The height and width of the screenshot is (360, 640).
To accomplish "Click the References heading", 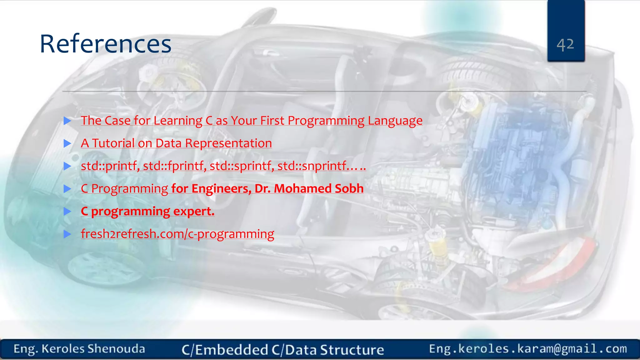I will click(106, 44).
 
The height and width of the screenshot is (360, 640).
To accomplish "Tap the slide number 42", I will click(565, 44).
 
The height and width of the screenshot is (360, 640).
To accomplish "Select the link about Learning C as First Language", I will click(252, 121).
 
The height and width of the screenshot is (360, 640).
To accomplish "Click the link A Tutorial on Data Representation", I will click(176, 143).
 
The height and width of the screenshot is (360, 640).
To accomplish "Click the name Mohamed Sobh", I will click(319, 188).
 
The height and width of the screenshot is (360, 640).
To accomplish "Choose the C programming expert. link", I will click(147, 211).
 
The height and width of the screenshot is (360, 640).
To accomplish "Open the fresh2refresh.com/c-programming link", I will click(177, 234).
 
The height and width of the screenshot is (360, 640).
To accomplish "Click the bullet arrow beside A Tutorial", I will click(67, 143).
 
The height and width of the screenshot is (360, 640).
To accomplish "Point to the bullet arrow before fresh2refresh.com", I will click(67, 234).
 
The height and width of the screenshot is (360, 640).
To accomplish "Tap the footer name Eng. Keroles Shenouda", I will click(79, 349).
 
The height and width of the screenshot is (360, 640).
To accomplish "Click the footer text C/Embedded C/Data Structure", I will click(283, 350).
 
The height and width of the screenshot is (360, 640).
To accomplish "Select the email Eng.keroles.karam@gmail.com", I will click(528, 348).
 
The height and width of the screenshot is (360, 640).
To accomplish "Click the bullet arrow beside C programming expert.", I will click(67, 212).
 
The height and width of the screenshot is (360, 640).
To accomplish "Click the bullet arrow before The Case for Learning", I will click(67, 121).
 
